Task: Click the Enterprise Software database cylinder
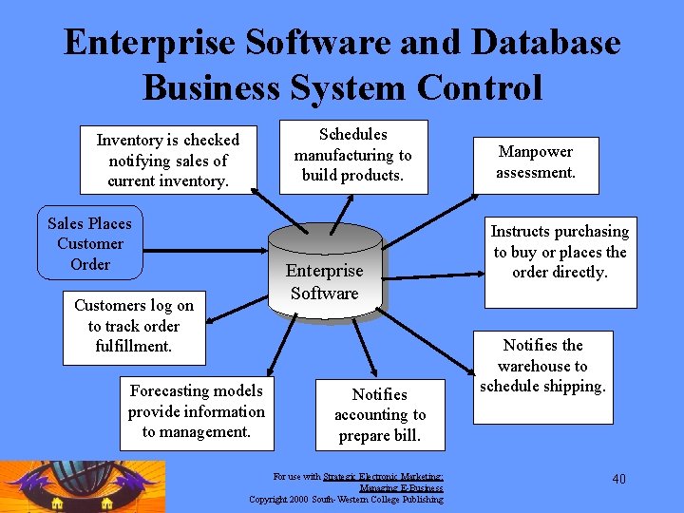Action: pos(324,275)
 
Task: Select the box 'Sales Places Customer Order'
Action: pos(89,243)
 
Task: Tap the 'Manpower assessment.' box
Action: pos(536,161)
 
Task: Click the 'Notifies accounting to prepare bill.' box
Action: pos(379,414)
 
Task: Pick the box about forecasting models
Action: pos(197,411)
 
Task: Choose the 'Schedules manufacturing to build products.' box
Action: pos(352,155)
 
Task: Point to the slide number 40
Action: pos(618,479)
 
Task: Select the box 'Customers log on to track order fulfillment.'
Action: pos(134,326)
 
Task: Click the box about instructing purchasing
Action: pos(560,256)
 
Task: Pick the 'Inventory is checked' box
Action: pos(168,161)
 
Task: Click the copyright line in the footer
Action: pos(346,499)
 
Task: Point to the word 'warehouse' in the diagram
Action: pos(542,366)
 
